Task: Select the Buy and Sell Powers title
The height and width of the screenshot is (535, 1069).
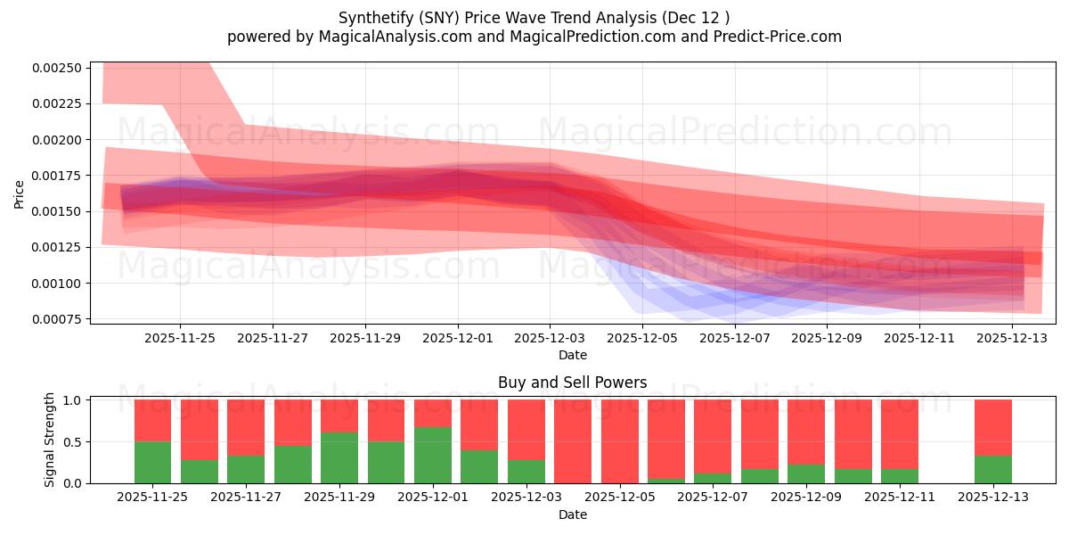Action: tap(572, 383)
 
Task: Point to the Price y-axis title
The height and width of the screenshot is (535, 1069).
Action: tap(20, 193)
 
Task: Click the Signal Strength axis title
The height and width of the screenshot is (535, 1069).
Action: tap(50, 440)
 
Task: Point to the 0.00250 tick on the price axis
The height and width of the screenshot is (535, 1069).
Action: tap(56, 68)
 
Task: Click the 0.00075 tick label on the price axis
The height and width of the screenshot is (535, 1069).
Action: tap(56, 319)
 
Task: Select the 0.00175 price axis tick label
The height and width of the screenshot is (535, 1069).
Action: tap(56, 176)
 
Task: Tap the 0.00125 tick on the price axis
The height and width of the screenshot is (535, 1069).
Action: tap(56, 247)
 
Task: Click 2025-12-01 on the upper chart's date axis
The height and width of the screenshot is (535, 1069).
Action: tap(457, 339)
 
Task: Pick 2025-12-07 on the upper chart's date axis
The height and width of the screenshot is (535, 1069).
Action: tap(735, 339)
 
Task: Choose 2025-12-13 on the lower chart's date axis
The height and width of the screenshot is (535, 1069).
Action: tap(993, 497)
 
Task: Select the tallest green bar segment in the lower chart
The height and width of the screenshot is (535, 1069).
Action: tap(433, 455)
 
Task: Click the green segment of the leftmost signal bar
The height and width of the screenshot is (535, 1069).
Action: tap(152, 462)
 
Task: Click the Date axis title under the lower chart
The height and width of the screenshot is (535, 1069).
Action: tap(572, 514)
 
